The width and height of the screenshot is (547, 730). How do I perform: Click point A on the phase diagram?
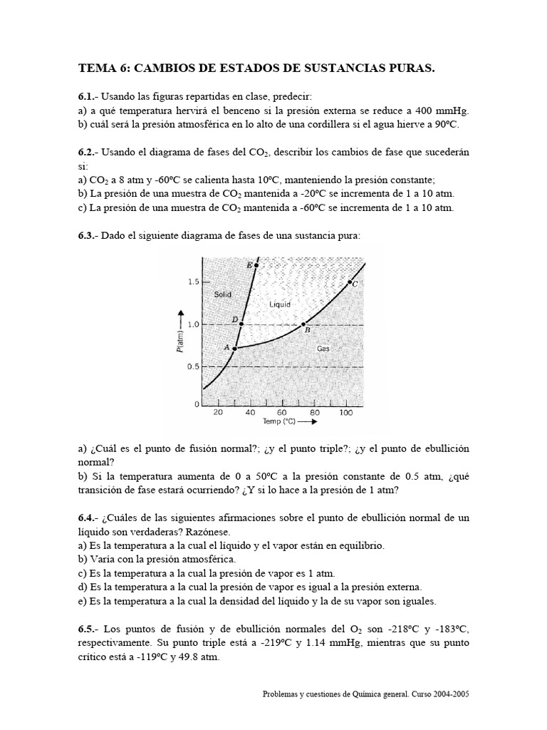click(x=235, y=349)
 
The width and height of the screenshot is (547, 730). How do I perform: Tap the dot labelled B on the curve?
click(x=303, y=324)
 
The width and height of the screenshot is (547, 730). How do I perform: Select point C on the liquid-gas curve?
click(x=349, y=282)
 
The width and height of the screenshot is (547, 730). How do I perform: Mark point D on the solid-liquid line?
click(x=241, y=324)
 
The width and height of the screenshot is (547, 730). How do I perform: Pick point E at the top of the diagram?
click(x=256, y=265)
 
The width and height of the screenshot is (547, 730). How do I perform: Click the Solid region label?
click(x=223, y=294)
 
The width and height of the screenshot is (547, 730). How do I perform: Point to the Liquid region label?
click(x=281, y=304)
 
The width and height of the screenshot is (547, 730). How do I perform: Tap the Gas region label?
click(x=323, y=349)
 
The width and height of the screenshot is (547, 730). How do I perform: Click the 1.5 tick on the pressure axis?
click(x=193, y=282)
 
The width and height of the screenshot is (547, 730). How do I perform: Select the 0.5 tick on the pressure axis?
click(x=193, y=366)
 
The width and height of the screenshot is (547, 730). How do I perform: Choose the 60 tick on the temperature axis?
click(x=282, y=412)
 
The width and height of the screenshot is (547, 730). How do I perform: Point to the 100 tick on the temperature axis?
click(x=346, y=412)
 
